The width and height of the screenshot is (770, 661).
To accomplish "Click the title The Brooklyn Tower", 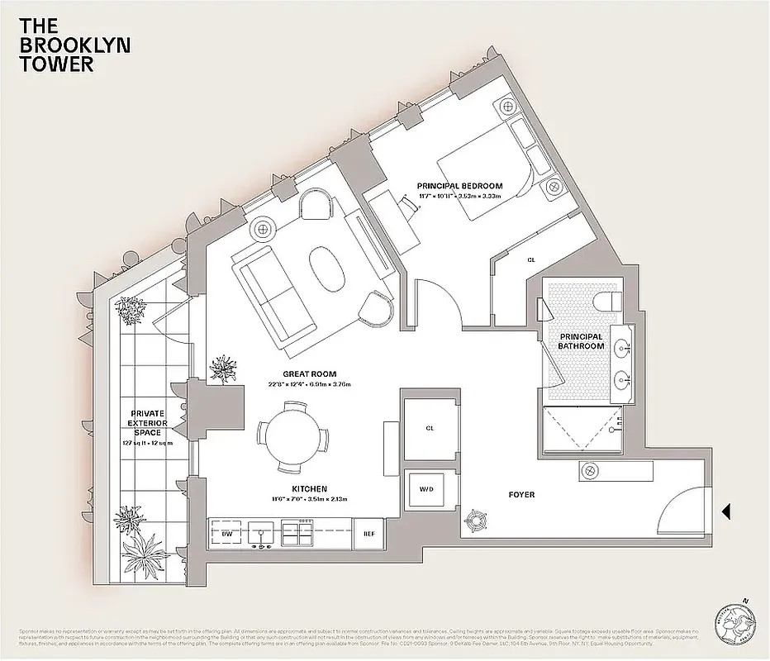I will [x=63, y=45].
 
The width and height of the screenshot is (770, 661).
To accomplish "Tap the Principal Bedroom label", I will [x=459, y=187].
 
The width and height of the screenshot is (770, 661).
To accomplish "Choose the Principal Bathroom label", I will [x=582, y=342].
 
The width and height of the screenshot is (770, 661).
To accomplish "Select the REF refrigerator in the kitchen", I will [x=368, y=534].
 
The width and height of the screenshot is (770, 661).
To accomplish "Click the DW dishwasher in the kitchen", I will [x=226, y=534].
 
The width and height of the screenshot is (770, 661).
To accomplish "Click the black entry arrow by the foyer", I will [x=726, y=512].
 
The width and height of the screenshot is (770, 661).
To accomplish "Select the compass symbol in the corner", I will [x=734, y=619].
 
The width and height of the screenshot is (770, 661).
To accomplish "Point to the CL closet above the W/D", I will [x=430, y=428].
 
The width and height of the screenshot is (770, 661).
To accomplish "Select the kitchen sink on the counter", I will [x=262, y=534].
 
